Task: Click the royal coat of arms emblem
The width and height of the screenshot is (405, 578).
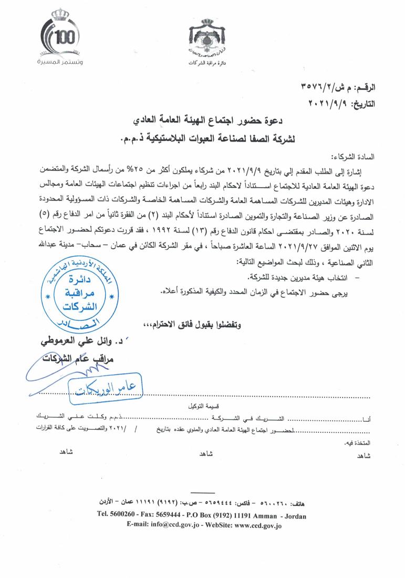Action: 205,39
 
